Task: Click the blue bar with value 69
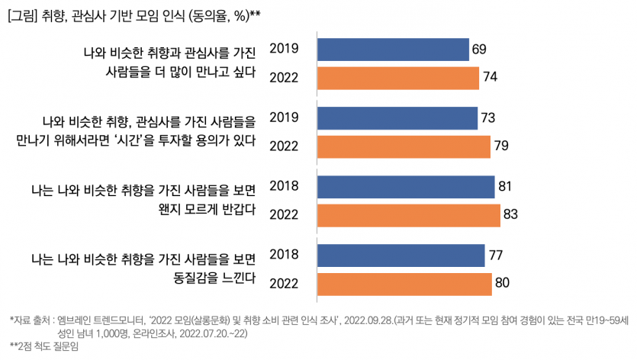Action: point(392,50)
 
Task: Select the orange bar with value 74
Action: point(397,78)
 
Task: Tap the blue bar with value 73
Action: point(396,118)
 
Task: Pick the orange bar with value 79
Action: point(403,146)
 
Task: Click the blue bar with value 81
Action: point(405,187)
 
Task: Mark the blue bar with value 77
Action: point(401,255)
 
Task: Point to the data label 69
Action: point(479,50)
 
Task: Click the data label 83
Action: point(511,215)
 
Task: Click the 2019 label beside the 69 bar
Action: point(284,50)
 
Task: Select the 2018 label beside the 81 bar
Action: point(284,187)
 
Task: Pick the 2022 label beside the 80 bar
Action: point(284,284)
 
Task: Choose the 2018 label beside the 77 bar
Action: point(284,255)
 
